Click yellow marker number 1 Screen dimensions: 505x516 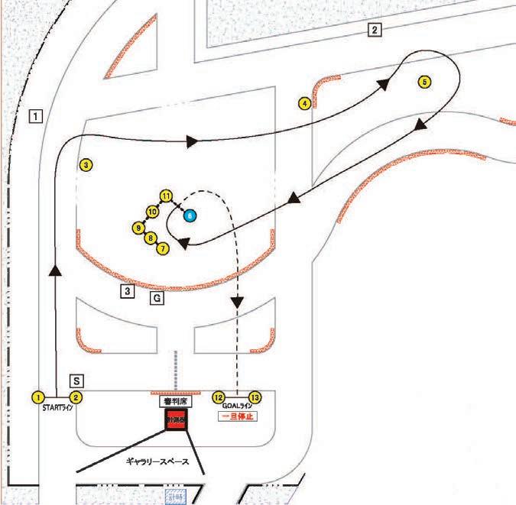click(37, 397)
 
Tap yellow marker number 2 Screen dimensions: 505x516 click(76, 397)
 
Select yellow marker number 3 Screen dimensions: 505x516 click(86, 164)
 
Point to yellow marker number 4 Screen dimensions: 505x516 click(304, 102)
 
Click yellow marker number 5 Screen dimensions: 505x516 click(425, 82)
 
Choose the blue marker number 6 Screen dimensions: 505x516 click(190, 215)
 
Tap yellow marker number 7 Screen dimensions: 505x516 click(162, 248)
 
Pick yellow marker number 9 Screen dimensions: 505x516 click(138, 228)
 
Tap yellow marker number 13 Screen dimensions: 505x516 click(255, 397)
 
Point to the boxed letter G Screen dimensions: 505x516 click(156, 299)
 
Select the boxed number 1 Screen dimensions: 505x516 click(35, 116)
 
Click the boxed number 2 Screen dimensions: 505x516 click(374, 31)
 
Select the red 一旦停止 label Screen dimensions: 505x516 click(237, 417)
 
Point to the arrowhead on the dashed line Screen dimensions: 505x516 click(238, 303)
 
